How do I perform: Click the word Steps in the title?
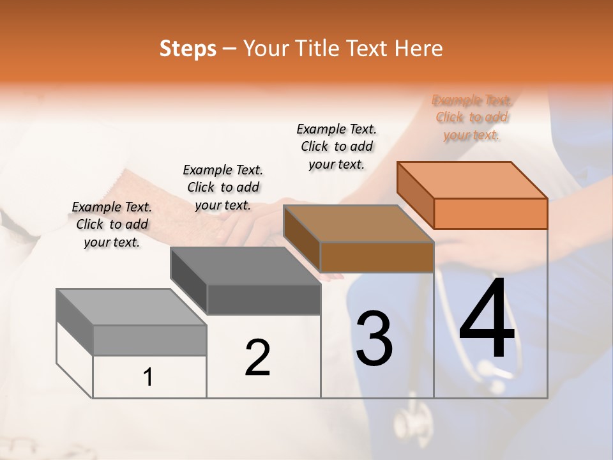(188, 49)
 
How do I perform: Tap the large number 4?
(487, 319)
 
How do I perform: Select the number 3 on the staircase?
(374, 339)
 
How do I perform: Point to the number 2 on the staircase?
(257, 358)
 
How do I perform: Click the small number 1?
(148, 378)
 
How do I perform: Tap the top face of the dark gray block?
(245, 266)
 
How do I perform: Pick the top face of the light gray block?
(132, 307)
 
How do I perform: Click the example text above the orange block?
(471, 118)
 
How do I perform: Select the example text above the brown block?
(337, 146)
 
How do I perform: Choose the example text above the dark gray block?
(223, 187)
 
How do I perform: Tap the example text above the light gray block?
(112, 224)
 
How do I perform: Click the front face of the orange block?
(490, 213)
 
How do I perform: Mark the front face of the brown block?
(377, 257)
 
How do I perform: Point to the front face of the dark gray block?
(264, 299)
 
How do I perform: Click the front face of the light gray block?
(150, 340)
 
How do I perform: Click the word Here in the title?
(421, 49)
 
